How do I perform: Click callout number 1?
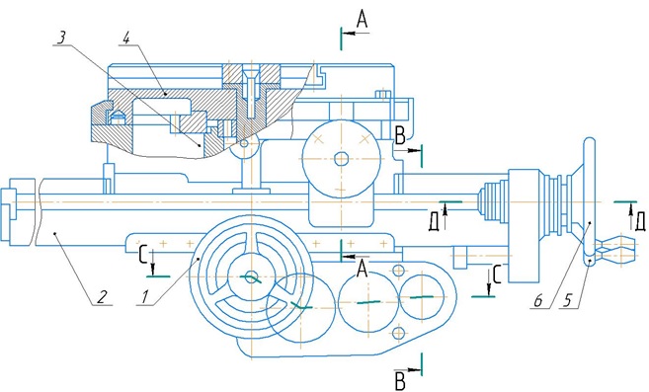point(144,297)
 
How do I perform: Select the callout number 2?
point(102,296)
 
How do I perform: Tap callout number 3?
point(61,38)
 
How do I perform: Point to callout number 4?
point(126,38)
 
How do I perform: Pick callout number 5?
point(568,300)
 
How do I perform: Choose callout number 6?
point(537,300)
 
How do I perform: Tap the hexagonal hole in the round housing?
point(342,159)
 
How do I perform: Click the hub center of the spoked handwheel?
point(250,276)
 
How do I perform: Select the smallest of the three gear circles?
point(422,297)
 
